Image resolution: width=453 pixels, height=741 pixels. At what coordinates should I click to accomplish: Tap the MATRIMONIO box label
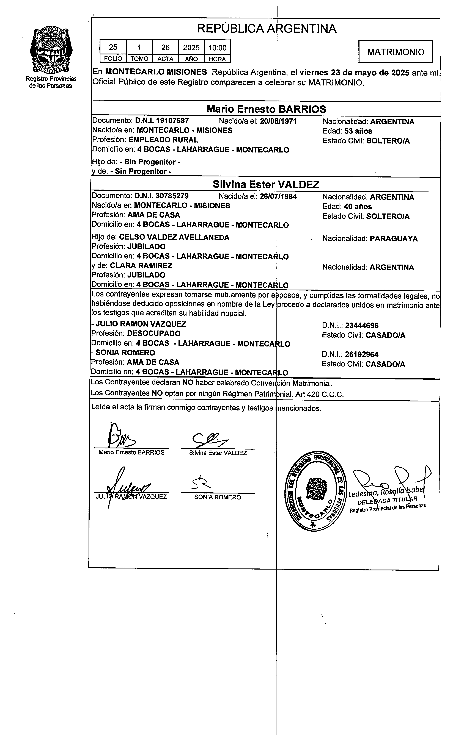[396, 52]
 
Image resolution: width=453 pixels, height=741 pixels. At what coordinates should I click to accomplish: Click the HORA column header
[217, 59]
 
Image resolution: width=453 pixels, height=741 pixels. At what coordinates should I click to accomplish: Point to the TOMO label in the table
[139, 59]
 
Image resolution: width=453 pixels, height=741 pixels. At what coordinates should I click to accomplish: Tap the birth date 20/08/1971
[278, 121]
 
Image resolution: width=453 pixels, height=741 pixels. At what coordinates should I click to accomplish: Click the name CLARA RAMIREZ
[141, 266]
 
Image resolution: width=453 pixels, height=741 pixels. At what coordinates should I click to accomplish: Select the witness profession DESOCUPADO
[153, 334]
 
